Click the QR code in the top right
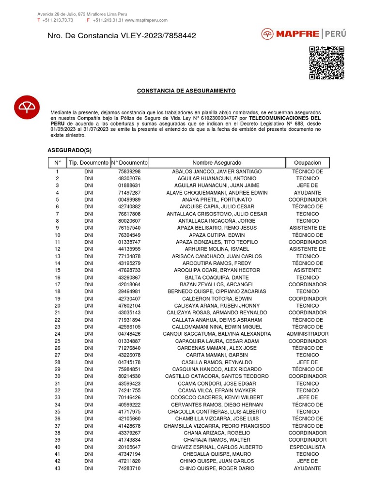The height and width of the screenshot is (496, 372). point(326,62)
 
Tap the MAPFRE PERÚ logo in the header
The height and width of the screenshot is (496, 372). point(304,34)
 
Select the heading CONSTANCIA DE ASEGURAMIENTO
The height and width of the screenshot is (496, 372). point(186,91)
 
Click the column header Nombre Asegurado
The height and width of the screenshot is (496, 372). point(217,163)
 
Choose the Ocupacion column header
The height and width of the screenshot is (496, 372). point(307,163)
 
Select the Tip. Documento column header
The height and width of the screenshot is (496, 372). point(88,163)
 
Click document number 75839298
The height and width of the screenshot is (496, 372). point(129,172)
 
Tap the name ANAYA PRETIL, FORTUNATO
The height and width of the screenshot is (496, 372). point(217,200)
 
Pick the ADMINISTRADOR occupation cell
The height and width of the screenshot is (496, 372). point(307,334)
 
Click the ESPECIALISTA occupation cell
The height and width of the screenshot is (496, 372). point(307,447)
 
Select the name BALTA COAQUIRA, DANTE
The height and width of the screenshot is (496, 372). point(217,278)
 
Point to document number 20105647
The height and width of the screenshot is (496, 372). point(129,447)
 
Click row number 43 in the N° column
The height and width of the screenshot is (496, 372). point(57,468)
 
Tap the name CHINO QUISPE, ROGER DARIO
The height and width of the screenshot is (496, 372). point(217,468)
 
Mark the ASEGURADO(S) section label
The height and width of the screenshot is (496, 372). point(69,150)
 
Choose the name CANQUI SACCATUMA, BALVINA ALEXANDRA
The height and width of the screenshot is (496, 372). point(217,334)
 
